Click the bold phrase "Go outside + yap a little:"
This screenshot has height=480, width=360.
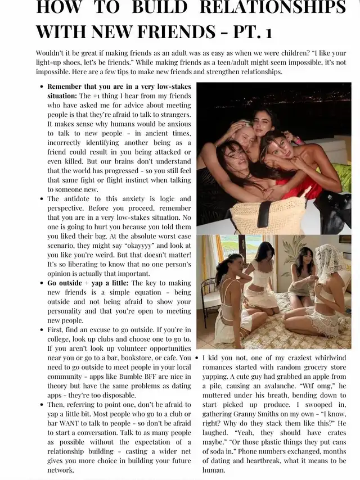point(88,283)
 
